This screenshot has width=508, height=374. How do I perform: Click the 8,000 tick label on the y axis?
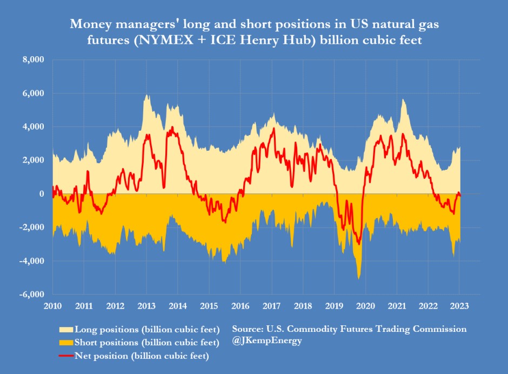pyautogui.click(x=32, y=59)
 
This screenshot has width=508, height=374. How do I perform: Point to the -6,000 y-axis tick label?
pyautogui.click(x=31, y=295)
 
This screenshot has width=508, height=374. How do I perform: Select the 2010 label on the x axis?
pyautogui.click(x=52, y=305)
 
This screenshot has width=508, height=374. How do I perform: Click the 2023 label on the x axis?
pyautogui.click(x=459, y=305)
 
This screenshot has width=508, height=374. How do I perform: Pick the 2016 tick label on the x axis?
pyautogui.click(x=240, y=305)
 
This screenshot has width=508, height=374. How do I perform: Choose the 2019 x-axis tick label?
pyautogui.click(x=335, y=305)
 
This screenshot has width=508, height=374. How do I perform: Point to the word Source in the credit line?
pyautogui.click(x=248, y=329)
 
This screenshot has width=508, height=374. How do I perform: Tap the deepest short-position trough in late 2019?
pyautogui.click(x=358, y=278)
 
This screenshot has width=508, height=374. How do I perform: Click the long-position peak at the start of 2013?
pyautogui.click(x=146, y=96)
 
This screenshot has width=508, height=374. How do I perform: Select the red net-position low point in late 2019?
pyautogui.click(x=359, y=244)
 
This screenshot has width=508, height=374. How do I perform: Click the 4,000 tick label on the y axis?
pyautogui.click(x=32, y=127)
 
